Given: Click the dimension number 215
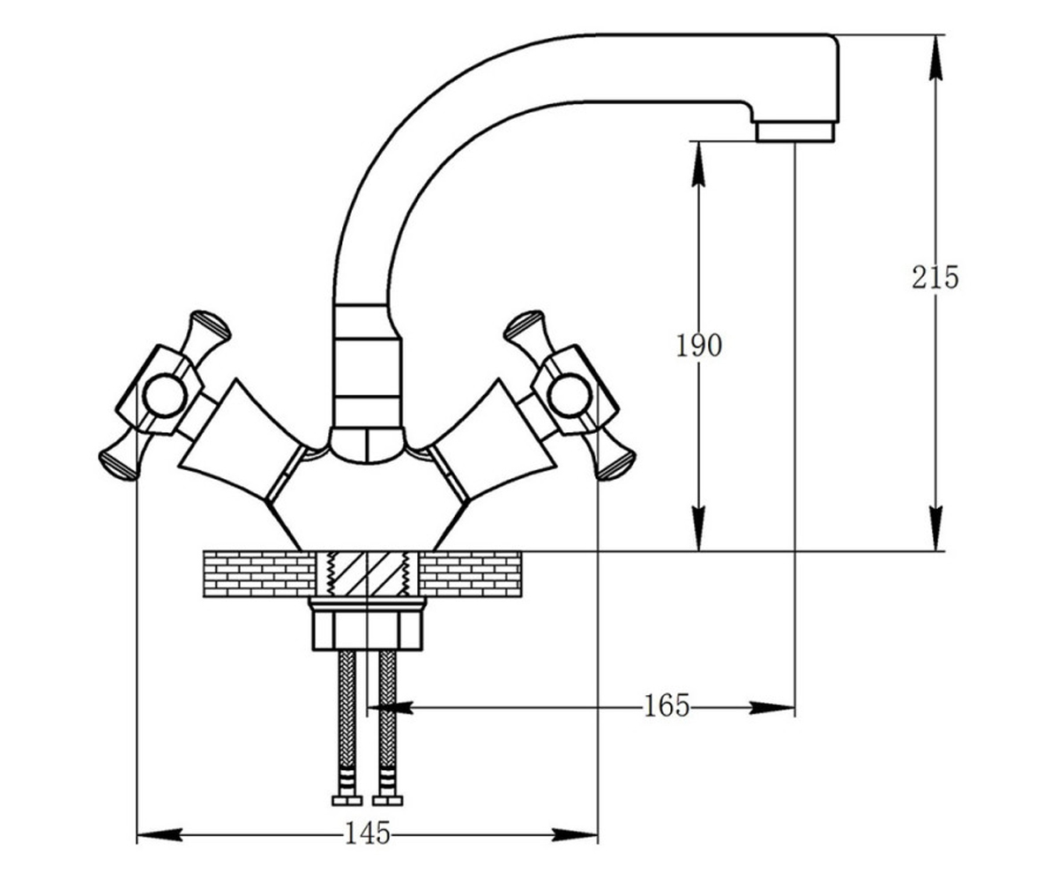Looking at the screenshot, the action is [x=935, y=278].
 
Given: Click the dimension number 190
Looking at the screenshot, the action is [x=699, y=346].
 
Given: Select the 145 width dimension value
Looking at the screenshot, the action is [x=368, y=833].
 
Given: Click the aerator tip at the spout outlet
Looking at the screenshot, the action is [x=795, y=131].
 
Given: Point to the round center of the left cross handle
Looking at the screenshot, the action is [x=164, y=396].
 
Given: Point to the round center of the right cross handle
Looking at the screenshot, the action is [x=570, y=395].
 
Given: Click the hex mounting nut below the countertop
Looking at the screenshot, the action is [x=368, y=629].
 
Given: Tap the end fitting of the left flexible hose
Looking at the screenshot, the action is [x=347, y=800].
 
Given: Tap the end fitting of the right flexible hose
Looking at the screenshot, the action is [x=388, y=800].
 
